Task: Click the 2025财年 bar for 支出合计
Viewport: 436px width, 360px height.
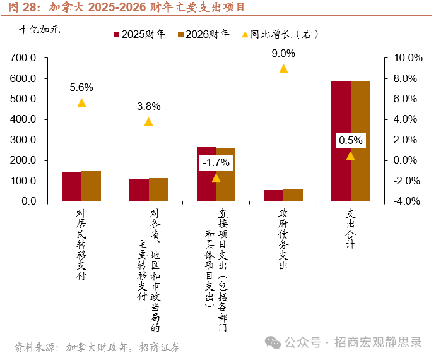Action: tap(341, 141)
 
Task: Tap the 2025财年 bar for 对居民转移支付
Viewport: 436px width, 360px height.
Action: tap(72, 186)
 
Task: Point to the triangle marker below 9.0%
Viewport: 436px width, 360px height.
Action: tap(283, 69)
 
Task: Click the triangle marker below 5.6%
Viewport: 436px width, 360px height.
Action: tap(81, 103)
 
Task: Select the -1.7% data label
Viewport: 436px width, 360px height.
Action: tap(216, 162)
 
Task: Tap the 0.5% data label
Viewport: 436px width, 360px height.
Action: tap(350, 140)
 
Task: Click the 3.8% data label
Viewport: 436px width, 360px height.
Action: tap(148, 106)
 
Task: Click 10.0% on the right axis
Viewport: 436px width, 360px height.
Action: tap(407, 58)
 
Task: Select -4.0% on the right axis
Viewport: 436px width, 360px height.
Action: tap(407, 201)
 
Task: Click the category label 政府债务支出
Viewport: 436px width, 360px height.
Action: tap(283, 239)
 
